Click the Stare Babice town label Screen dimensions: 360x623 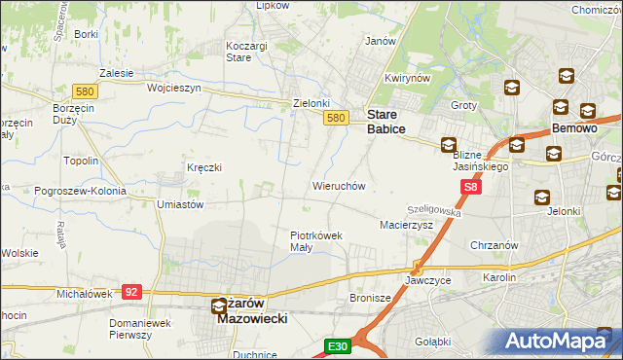[x=392, y=120]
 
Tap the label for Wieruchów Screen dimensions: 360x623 [x=338, y=185]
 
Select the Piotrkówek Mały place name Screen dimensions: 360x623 [x=315, y=240]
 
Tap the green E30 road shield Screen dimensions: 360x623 [x=337, y=346]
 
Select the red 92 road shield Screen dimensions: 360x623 [x=133, y=290]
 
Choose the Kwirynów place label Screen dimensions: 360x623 [x=407, y=78]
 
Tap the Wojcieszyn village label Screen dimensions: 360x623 [x=173, y=88]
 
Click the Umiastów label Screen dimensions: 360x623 [x=179, y=205]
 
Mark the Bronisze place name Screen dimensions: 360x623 [x=370, y=298]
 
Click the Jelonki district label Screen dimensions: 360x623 [x=564, y=210]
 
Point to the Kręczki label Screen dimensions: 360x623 [x=204, y=167]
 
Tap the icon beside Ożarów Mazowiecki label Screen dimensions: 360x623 [x=220, y=306]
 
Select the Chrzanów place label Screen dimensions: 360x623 [x=492, y=244]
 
